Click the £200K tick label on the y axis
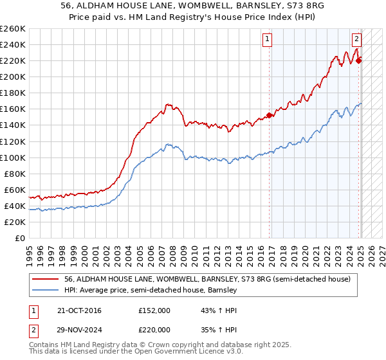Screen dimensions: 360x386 click(12, 76)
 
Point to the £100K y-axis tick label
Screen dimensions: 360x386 click(12, 157)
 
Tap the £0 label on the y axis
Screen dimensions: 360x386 click(19, 238)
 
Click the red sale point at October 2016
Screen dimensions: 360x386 click(270, 115)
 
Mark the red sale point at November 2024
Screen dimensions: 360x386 click(359, 60)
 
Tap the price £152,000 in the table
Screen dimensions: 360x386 click(154, 310)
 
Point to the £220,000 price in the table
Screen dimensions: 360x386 click(154, 330)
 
